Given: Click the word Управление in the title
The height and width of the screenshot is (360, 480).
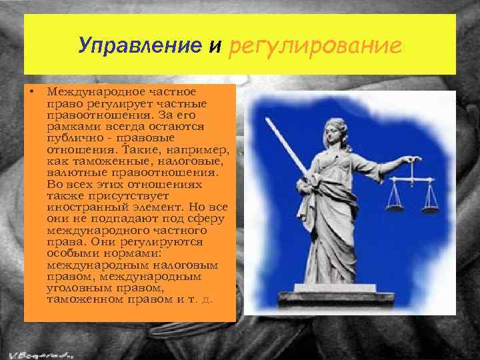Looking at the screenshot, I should pyautogui.click(x=139, y=45).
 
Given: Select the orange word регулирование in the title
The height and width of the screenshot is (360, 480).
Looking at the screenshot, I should pyautogui.click(x=315, y=45).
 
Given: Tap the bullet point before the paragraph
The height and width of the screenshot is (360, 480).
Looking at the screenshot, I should pyautogui.click(x=31, y=90).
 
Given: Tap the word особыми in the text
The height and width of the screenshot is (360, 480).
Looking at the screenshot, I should pyautogui.click(x=69, y=253).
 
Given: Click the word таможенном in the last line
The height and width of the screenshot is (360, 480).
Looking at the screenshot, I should pyautogui.click(x=79, y=299).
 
